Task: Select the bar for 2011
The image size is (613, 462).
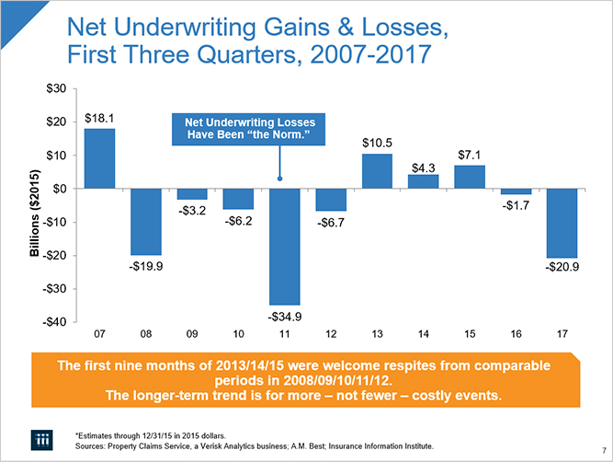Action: pyautogui.click(x=284, y=246)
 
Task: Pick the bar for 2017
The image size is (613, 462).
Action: pyautogui.click(x=562, y=223)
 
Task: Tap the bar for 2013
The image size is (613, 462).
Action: pyautogui.click(x=377, y=171)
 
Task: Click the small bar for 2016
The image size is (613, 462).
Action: pyautogui.click(x=515, y=191)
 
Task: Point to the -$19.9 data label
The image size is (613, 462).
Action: pyautogui.click(x=145, y=267)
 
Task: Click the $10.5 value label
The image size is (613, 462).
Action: pyautogui.click(x=377, y=143)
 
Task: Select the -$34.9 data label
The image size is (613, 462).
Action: pyautogui.click(x=284, y=317)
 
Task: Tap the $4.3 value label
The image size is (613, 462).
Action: pyautogui.click(x=423, y=167)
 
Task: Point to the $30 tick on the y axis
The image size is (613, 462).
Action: pyautogui.click(x=55, y=88)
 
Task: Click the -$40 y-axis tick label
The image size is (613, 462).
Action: pyautogui.click(x=53, y=322)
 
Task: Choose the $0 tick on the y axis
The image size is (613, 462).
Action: pyautogui.click(x=59, y=189)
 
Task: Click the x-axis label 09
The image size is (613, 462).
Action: pyautogui.click(x=192, y=332)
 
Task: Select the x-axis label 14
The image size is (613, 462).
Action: pyautogui.click(x=423, y=332)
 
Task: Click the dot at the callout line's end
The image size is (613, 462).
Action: pyautogui.click(x=278, y=179)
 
